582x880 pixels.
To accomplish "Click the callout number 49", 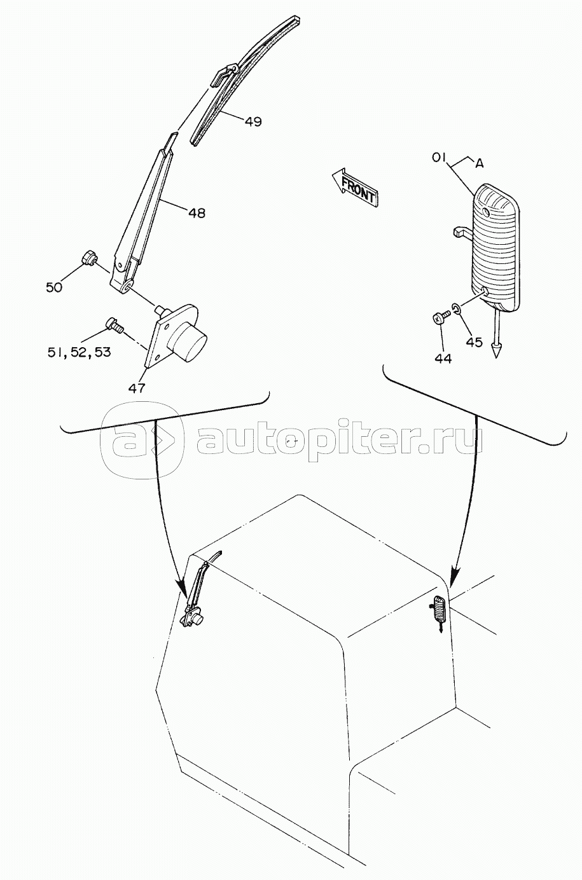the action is coord(253,121).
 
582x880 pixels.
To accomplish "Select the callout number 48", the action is coord(197,213).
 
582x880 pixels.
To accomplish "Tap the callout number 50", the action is coord(54,287).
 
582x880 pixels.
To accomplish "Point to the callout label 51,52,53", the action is coord(80,352).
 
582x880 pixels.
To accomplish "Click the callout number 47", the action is coord(137,388).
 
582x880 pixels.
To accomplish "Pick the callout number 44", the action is coord(443,358).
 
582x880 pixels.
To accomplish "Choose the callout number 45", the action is coord(474,342).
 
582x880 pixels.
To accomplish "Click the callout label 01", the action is coord(439,158).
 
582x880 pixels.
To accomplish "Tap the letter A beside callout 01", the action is coord(479,163).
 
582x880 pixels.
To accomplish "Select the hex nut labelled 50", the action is coord(89,258).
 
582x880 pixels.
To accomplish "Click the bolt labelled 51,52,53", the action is coord(114,324).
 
